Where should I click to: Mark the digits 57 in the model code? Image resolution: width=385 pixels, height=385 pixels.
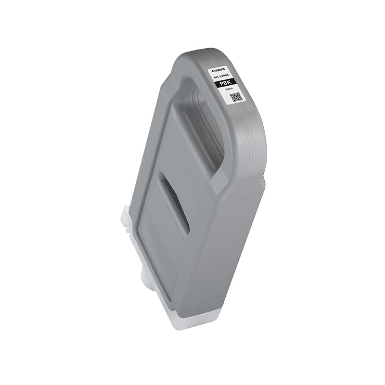pos(221,77)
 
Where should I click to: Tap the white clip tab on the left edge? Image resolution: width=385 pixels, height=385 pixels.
pos(125,217)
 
